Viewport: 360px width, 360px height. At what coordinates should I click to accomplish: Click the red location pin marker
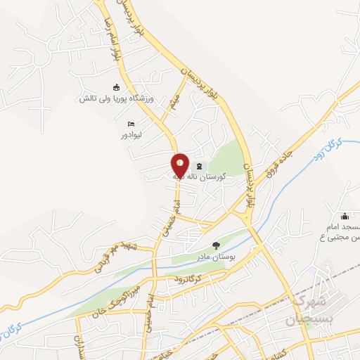click(x=180, y=165)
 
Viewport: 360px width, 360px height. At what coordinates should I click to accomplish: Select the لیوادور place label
click(x=131, y=134)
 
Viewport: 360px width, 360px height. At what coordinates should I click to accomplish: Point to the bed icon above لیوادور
click(x=131, y=123)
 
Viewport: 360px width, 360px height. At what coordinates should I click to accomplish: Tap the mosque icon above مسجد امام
click(x=345, y=216)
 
